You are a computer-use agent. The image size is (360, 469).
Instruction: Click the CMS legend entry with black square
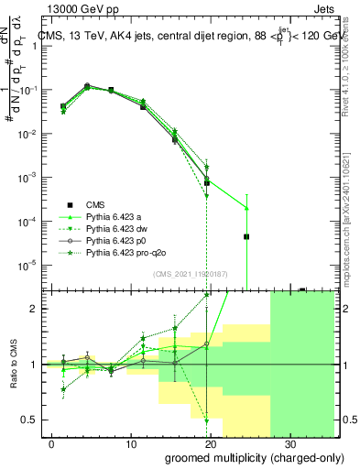point(97,204)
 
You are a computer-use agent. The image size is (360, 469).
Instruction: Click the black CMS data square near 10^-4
point(246,236)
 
